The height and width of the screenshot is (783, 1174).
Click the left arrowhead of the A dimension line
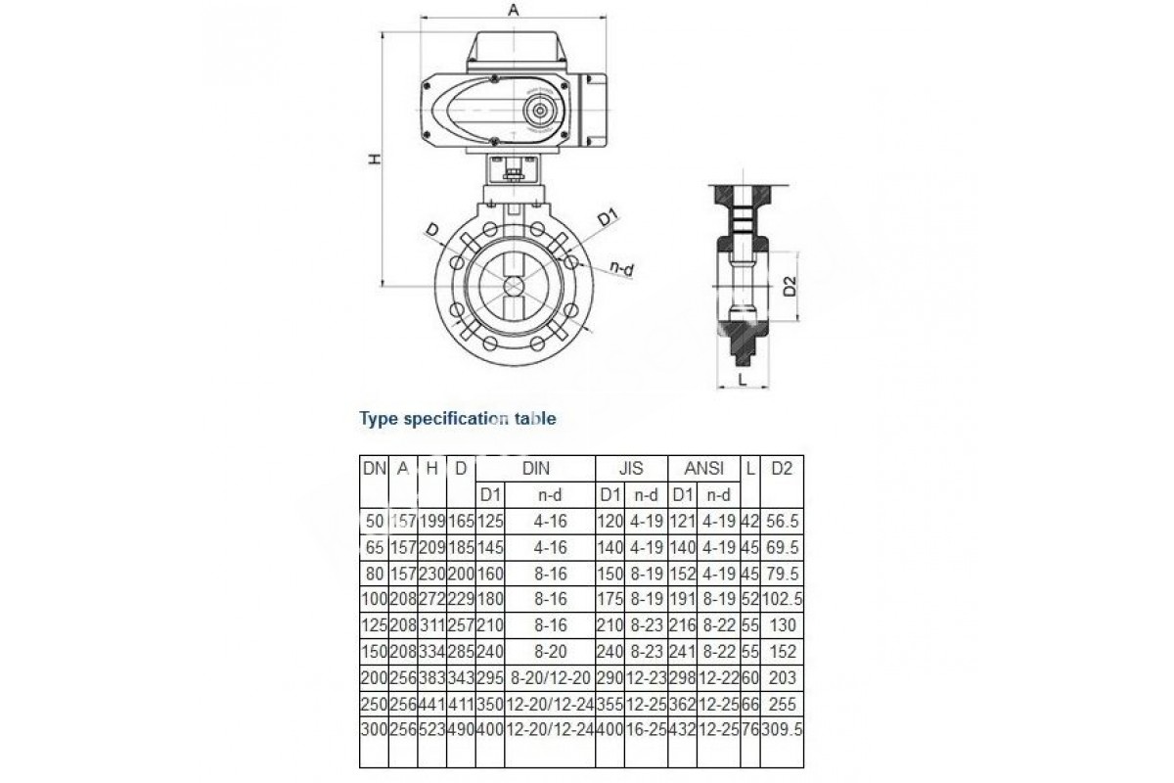click(x=423, y=18)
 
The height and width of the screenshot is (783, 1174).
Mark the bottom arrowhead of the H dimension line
click(x=384, y=283)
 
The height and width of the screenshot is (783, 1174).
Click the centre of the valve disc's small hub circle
click(x=514, y=287)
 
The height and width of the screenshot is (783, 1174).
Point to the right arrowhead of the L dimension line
click(x=766, y=388)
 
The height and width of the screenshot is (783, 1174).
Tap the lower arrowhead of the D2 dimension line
click(x=798, y=316)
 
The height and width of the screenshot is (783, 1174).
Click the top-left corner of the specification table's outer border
click(x=360, y=455)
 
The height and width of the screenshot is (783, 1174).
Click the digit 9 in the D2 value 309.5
click(x=782, y=729)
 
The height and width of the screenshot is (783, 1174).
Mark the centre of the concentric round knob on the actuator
click(x=539, y=112)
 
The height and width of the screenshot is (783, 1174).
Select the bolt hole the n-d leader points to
click(x=572, y=261)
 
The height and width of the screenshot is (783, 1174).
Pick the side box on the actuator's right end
click(x=594, y=110)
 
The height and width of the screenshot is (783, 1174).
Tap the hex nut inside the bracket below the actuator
click(x=513, y=173)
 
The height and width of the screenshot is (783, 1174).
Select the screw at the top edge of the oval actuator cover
click(x=494, y=78)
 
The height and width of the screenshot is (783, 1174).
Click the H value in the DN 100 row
click(x=431, y=599)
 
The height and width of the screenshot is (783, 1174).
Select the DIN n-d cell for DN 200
click(x=550, y=677)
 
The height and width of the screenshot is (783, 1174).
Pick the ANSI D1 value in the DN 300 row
click(x=683, y=729)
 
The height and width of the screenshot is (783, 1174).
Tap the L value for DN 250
click(x=750, y=704)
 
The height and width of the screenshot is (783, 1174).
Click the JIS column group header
click(x=631, y=468)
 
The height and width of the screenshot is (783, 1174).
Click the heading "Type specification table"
click(x=458, y=419)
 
